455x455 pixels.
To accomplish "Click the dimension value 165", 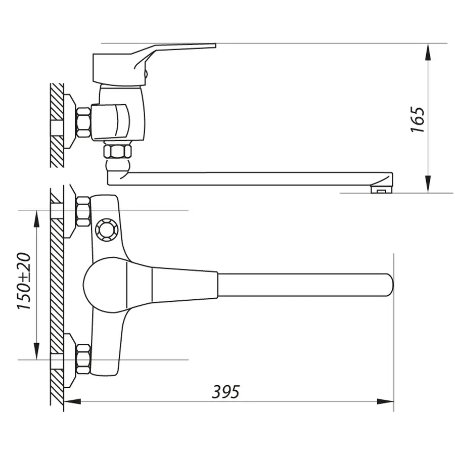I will point(418,119).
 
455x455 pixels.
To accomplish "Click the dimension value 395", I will point(225,391).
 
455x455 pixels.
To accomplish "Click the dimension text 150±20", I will point(25,282).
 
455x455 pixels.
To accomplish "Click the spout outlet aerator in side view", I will point(382,190).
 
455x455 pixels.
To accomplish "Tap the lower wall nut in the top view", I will point(82,357).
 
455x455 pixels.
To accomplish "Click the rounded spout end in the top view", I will point(387,285).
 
